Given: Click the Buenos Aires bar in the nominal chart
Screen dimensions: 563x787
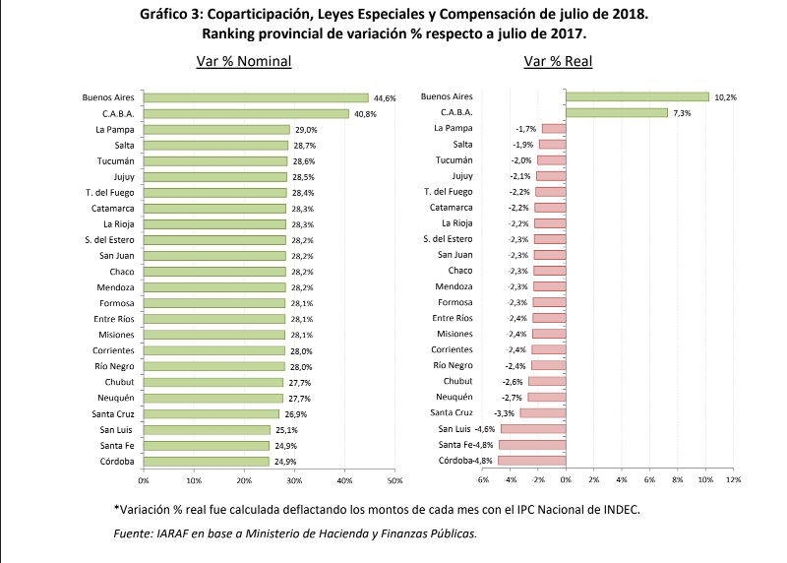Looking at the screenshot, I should tap(256, 97).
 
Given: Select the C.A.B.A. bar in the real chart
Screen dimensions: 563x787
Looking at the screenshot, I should tap(616, 113).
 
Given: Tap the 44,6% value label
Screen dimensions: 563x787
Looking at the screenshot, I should tap(384, 97).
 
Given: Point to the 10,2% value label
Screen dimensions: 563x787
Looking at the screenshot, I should tap(725, 97).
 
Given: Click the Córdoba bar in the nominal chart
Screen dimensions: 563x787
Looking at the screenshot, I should tap(206, 461).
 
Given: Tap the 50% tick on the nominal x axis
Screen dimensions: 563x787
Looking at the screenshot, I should tap(394, 480).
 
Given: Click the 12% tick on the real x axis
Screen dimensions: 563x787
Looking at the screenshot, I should tap(733, 480).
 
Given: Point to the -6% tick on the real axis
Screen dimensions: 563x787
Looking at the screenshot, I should tap(482, 480).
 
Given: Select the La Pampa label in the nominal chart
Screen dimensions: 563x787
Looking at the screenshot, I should tap(114, 129).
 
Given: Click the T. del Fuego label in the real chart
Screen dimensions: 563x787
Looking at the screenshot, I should tap(449, 192).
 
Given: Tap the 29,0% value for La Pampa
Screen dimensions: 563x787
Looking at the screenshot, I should tap(305, 129).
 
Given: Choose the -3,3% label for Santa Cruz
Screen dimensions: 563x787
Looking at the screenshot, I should tap(503, 413).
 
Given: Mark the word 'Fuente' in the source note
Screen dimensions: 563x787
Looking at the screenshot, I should tap(133, 532).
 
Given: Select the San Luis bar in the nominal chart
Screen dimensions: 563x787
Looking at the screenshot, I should tap(207, 429).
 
